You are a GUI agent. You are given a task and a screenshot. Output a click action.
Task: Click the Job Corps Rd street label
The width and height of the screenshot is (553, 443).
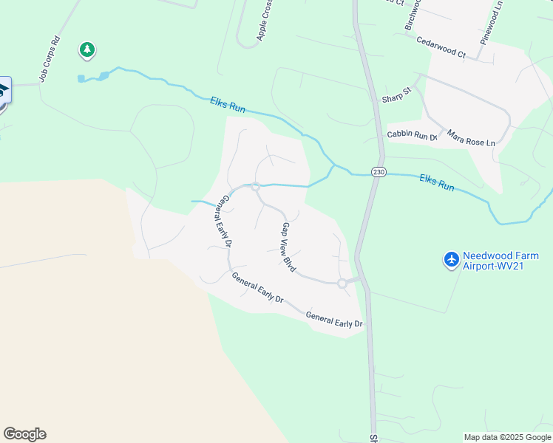pos(49,59)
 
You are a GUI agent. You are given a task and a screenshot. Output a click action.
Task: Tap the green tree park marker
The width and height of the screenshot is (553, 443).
pos(88,50)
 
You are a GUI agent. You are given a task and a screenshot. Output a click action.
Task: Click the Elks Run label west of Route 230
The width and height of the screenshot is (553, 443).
pos(227,106)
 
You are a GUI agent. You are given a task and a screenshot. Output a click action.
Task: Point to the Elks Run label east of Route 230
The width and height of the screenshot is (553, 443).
pos(436,182)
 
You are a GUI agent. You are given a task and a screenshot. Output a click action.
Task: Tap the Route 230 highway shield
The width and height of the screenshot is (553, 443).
pos(379,171)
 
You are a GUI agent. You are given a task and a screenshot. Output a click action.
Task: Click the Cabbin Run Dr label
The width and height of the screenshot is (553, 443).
pos(413,135)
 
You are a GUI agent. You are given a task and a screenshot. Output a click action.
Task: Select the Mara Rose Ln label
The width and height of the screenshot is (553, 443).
pos(470,137)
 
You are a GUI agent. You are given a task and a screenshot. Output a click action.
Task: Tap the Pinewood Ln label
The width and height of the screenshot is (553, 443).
pos(492,23)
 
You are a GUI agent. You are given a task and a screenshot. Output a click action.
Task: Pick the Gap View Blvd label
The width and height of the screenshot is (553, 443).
pos(288,247)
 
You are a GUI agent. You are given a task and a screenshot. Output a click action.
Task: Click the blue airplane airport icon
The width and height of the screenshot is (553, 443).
pos(452,260)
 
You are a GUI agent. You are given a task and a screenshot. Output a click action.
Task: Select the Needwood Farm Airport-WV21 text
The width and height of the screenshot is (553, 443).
pos(501,261)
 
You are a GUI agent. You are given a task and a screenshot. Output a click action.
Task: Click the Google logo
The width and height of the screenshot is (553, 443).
pos(24,434)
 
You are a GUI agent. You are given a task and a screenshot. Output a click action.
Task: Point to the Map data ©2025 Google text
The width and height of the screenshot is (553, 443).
pos(506,437)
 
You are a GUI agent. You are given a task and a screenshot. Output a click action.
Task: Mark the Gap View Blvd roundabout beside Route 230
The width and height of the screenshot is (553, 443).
pos(342,284)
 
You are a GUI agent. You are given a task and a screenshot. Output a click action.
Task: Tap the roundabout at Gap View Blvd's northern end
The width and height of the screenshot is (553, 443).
pos(255,187)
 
